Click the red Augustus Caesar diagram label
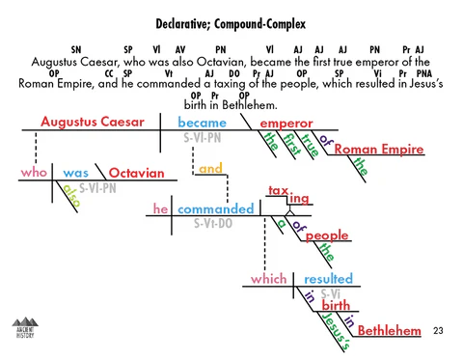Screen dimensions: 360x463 [x=93, y=123]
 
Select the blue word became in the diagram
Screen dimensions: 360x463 [x=202, y=124]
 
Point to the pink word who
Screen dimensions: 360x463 [x=34, y=173]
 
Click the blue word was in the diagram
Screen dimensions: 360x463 [x=75, y=173]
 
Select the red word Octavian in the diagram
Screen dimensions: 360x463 [x=136, y=174]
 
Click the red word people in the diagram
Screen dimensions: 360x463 [x=326, y=235]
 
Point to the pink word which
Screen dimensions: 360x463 [x=268, y=279]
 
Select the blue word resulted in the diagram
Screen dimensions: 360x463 [x=328, y=279]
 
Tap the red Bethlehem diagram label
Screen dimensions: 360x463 [x=390, y=332]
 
